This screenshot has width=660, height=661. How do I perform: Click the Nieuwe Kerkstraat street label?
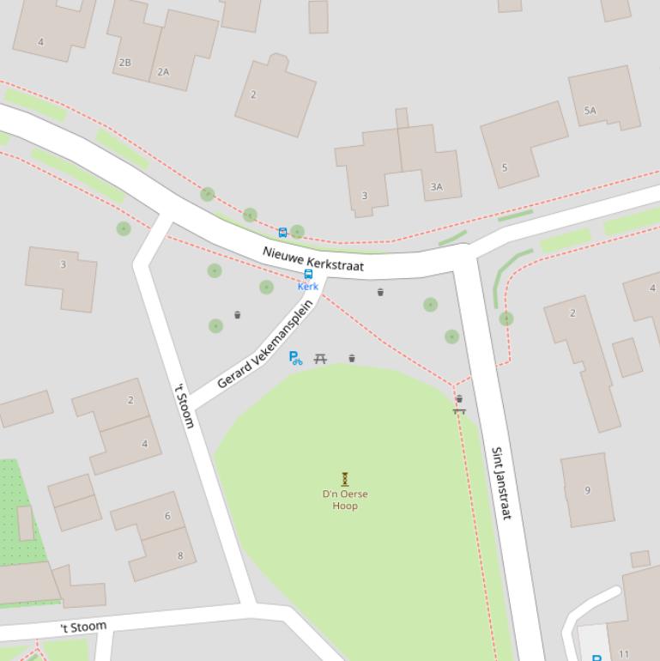[x=313, y=259]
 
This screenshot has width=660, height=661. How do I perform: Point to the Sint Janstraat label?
[x=501, y=482]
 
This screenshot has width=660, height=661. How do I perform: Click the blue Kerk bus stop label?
[x=308, y=287]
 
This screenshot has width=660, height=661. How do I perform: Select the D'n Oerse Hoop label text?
[x=345, y=500]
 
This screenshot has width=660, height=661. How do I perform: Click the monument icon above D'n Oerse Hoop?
[x=345, y=478]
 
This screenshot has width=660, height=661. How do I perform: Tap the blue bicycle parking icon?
[x=295, y=358]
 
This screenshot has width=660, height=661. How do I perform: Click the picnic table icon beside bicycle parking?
[x=320, y=358]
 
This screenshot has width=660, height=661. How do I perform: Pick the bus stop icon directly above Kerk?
[x=309, y=274]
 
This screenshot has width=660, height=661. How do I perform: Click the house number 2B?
[x=125, y=63]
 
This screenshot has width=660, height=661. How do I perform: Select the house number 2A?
[x=163, y=72]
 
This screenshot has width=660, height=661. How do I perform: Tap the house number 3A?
[x=436, y=186]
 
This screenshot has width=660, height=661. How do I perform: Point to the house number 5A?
[x=590, y=111]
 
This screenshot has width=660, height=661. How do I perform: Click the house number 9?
[x=588, y=490]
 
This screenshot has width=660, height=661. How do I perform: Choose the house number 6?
[x=167, y=516]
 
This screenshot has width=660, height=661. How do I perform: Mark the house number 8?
[x=180, y=555]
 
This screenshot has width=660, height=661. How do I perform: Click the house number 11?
[x=624, y=654]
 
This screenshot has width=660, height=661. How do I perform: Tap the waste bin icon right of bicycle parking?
[x=352, y=358]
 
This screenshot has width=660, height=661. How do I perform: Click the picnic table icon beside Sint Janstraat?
[x=459, y=411]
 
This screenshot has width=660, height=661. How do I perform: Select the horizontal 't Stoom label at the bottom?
[x=83, y=628]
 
